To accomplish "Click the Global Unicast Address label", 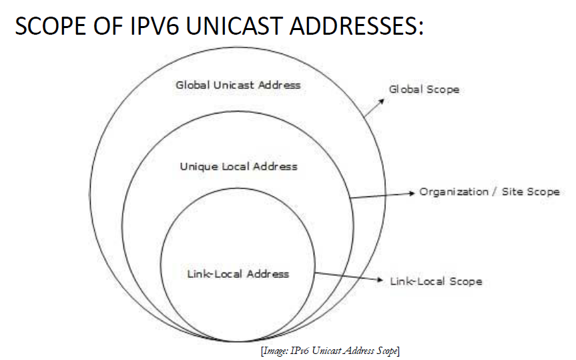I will [238, 85].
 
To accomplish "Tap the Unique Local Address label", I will [238, 166].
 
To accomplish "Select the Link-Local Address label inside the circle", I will [238, 274].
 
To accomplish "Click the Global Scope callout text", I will [424, 89].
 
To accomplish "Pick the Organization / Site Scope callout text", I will [489, 192].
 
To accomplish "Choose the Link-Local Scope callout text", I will [436, 281].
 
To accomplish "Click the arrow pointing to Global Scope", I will [374, 109].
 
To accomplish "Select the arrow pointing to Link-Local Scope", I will [348, 277].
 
